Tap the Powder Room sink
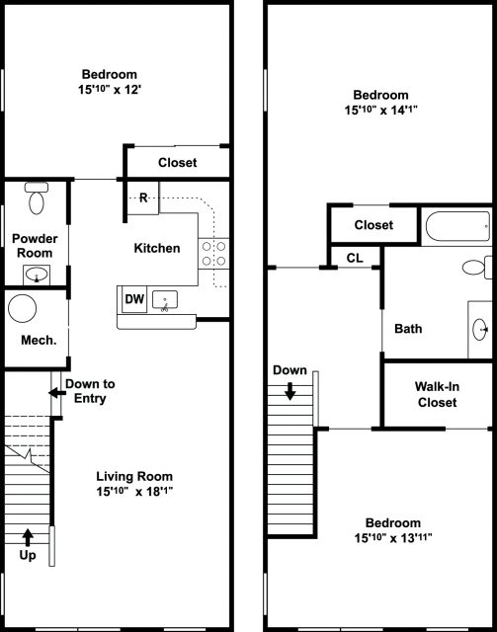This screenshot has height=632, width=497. (x=38, y=274)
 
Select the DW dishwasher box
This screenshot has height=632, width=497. (x=131, y=297)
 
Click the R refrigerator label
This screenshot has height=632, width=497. (x=143, y=198)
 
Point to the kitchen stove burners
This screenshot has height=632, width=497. (x=213, y=254)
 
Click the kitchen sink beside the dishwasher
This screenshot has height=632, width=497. (x=165, y=298)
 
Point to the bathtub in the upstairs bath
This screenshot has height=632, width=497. (x=456, y=228)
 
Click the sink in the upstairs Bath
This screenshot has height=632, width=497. (x=480, y=328)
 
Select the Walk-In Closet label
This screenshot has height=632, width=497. (x=437, y=394)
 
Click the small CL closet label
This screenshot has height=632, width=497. (x=353, y=258)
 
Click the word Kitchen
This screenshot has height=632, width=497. (x=157, y=248)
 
